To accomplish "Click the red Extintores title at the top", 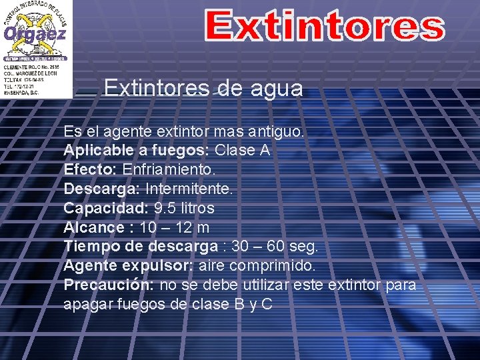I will tap(324, 26).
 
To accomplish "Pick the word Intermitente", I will tap(189, 189).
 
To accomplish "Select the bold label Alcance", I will tap(94, 227).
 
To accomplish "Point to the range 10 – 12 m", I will tap(175, 227).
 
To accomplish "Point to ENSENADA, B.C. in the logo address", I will tap(21, 92).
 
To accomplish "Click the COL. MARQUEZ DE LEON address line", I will tap(31, 74).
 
